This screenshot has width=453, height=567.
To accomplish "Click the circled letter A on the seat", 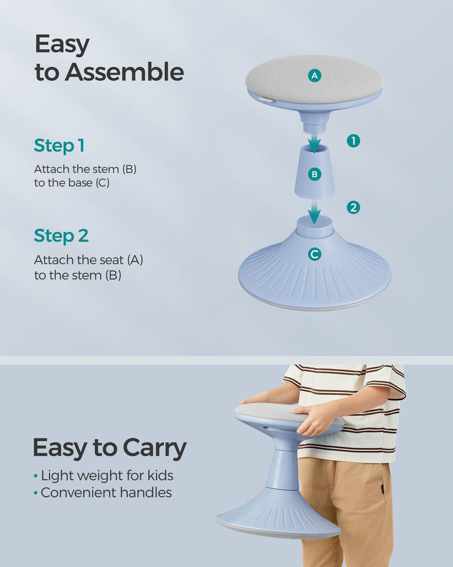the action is click(315, 75).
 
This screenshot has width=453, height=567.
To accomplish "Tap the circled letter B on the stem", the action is click(315, 174).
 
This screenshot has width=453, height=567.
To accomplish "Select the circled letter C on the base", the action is click(315, 254).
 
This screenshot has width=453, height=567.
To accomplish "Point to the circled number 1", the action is click(353, 141).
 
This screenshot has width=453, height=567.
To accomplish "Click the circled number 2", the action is click(353, 208).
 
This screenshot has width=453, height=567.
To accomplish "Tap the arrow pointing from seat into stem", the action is click(314, 143).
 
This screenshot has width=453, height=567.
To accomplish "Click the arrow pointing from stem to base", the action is click(314, 212).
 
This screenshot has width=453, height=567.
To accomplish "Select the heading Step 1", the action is click(59, 146).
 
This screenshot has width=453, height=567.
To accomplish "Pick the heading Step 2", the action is click(61, 236).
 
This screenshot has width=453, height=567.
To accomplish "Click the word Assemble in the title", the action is click(124, 71).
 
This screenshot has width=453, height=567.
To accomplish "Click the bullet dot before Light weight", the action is click(35, 476).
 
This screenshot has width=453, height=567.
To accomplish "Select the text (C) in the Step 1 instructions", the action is click(102, 183).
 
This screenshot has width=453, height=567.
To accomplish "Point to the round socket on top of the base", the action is click(314, 226).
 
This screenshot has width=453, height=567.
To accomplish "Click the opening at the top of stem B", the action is click(314, 148).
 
